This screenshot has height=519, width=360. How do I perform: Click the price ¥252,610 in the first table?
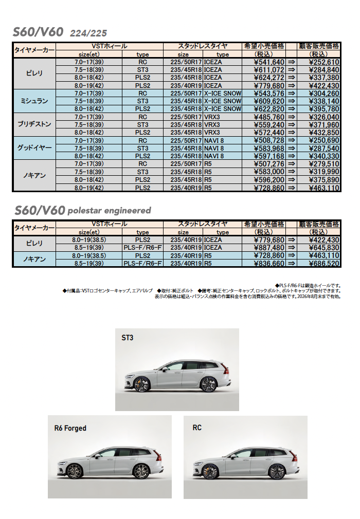324,62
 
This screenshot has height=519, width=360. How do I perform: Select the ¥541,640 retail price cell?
269,62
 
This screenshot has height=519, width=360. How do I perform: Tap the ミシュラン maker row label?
34,101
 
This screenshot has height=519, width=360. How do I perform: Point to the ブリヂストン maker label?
34,124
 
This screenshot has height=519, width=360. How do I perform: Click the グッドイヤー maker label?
34,148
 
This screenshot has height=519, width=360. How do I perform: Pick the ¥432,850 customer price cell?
324,132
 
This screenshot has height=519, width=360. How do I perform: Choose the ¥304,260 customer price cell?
324,93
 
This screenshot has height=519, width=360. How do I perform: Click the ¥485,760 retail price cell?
269,117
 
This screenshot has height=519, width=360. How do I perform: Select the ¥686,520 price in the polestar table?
324,263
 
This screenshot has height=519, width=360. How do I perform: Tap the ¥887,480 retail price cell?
269,247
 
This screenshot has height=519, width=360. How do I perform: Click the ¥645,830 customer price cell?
324,247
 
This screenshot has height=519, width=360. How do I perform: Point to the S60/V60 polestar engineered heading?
83,210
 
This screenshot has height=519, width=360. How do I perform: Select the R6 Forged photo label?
70,428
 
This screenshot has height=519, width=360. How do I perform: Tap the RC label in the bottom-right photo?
197,428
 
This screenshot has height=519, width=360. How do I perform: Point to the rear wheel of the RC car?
277,472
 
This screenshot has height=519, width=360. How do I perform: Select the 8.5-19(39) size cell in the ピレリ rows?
89,247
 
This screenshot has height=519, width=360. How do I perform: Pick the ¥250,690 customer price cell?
324,140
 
